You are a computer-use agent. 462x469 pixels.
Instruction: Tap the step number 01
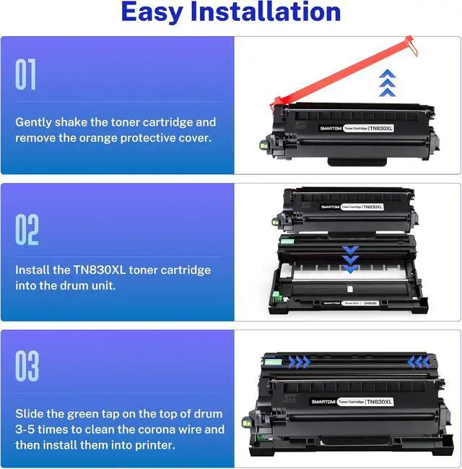pyautogui.click(x=25, y=75)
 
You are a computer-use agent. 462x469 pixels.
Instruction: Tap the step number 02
pyautogui.click(x=27, y=230)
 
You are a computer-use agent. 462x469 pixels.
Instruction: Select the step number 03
pyautogui.click(x=27, y=366)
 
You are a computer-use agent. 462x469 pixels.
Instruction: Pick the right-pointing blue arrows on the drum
pyautogui.click(x=297, y=361)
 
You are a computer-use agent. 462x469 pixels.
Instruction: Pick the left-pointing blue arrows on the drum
pyautogui.click(x=419, y=361)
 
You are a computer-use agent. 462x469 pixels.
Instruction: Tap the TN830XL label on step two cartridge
pyautogui.click(x=372, y=207)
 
